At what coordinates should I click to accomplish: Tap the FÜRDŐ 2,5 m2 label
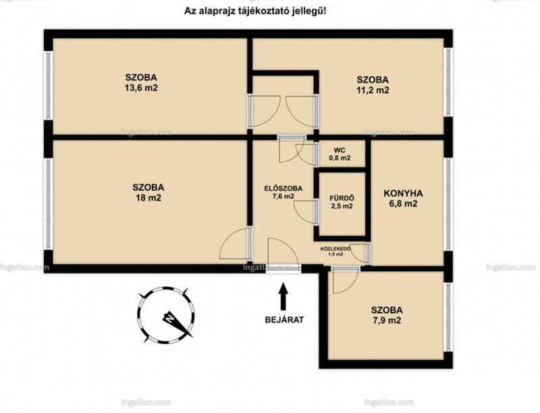(x=342, y=202)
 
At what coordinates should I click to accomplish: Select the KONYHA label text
(x=403, y=193)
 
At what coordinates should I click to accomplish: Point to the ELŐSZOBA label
(x=283, y=188)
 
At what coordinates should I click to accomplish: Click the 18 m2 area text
(x=148, y=198)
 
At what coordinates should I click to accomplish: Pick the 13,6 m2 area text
(x=141, y=88)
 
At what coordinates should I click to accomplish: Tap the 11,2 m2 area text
(x=373, y=90)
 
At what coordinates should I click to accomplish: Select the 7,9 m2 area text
(x=387, y=321)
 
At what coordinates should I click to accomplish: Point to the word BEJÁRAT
(x=284, y=320)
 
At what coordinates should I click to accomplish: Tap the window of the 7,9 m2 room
(x=448, y=317)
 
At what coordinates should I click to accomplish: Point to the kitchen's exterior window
(x=448, y=204)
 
